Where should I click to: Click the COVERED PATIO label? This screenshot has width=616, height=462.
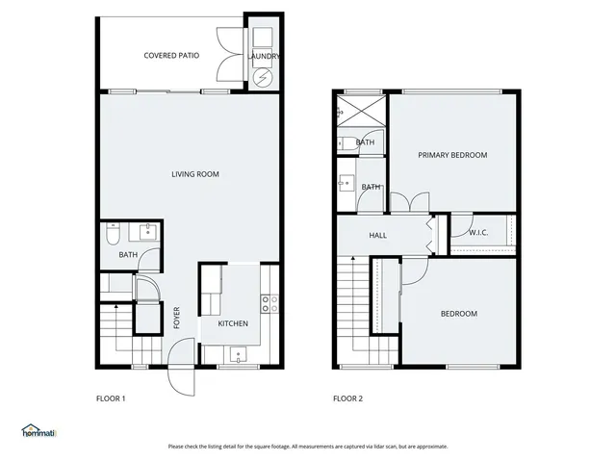[171, 56]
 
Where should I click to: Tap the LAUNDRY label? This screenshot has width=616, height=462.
[264, 57]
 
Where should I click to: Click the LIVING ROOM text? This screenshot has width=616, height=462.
[195, 174]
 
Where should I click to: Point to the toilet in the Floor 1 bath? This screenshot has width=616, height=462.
[112, 234]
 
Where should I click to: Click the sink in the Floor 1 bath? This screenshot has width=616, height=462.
[147, 232]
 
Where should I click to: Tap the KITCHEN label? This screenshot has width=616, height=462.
[233, 323]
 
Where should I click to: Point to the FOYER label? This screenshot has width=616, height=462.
[177, 318]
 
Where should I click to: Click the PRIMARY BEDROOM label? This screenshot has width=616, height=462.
[452, 155]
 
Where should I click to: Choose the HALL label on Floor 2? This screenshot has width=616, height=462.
[378, 235]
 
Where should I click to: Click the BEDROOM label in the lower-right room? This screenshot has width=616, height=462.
[459, 314]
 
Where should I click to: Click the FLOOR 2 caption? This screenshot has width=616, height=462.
[348, 398]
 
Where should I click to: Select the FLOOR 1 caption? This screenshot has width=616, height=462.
[111, 398]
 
